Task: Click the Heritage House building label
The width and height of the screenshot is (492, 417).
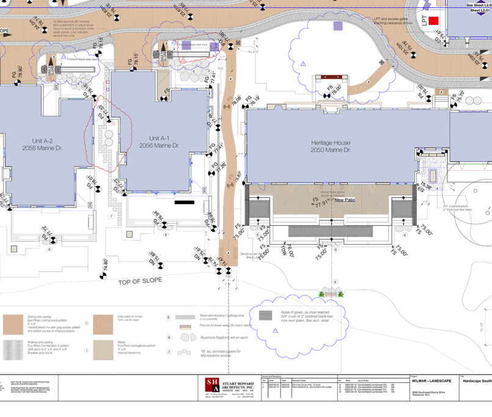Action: (x=330, y=145)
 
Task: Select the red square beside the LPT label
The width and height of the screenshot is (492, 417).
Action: (x=433, y=21)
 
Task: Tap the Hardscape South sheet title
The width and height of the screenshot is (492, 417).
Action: (x=477, y=381)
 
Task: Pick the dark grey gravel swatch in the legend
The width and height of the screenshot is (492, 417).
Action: (x=265, y=316)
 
